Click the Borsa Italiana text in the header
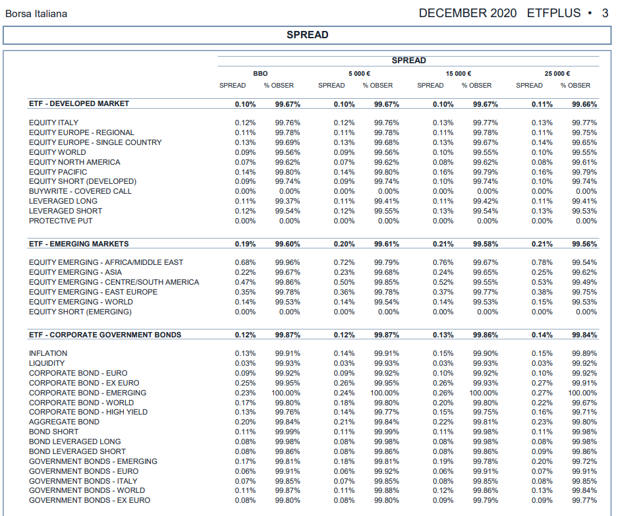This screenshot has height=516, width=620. [x=36, y=14]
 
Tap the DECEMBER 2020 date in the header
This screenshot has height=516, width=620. [x=467, y=13]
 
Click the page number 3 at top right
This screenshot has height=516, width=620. [x=605, y=13]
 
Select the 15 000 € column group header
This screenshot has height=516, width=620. [x=459, y=74]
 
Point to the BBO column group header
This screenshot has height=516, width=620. [x=260, y=74]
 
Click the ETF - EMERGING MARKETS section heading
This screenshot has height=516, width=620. [x=78, y=244]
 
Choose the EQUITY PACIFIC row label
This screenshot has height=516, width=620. [x=58, y=172]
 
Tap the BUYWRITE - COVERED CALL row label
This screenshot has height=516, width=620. [x=80, y=191]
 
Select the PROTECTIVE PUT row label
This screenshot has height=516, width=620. [x=61, y=221]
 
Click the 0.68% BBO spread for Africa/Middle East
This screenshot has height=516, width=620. [x=245, y=262]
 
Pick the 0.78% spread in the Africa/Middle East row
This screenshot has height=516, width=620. [x=542, y=262]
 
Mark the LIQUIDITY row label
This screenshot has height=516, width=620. [x=47, y=363]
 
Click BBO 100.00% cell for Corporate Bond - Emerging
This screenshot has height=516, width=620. [x=285, y=393]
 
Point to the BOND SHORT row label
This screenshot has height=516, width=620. [x=53, y=432]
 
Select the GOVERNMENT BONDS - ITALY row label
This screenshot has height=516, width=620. [x=83, y=481]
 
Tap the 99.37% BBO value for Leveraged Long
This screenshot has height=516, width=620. [x=287, y=201]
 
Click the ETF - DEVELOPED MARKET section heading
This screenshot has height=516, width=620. [x=78, y=103]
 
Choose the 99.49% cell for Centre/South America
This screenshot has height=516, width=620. [x=584, y=282]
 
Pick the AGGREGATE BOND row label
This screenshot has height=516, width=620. [x=64, y=422]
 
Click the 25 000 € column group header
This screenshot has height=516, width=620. [x=557, y=74]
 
